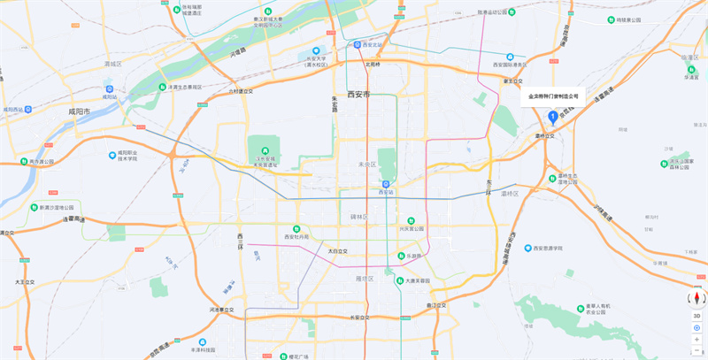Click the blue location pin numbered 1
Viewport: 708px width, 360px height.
[552, 116]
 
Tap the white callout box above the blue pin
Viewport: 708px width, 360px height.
[553, 96]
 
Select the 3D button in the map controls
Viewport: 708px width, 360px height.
[696, 316]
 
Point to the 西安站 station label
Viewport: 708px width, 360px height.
[385, 191]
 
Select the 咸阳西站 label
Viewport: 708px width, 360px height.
[18, 110]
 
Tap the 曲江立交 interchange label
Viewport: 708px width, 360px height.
[437, 305]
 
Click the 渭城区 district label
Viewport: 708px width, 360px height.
[112, 64]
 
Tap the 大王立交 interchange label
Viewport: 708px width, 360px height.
[25, 282]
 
